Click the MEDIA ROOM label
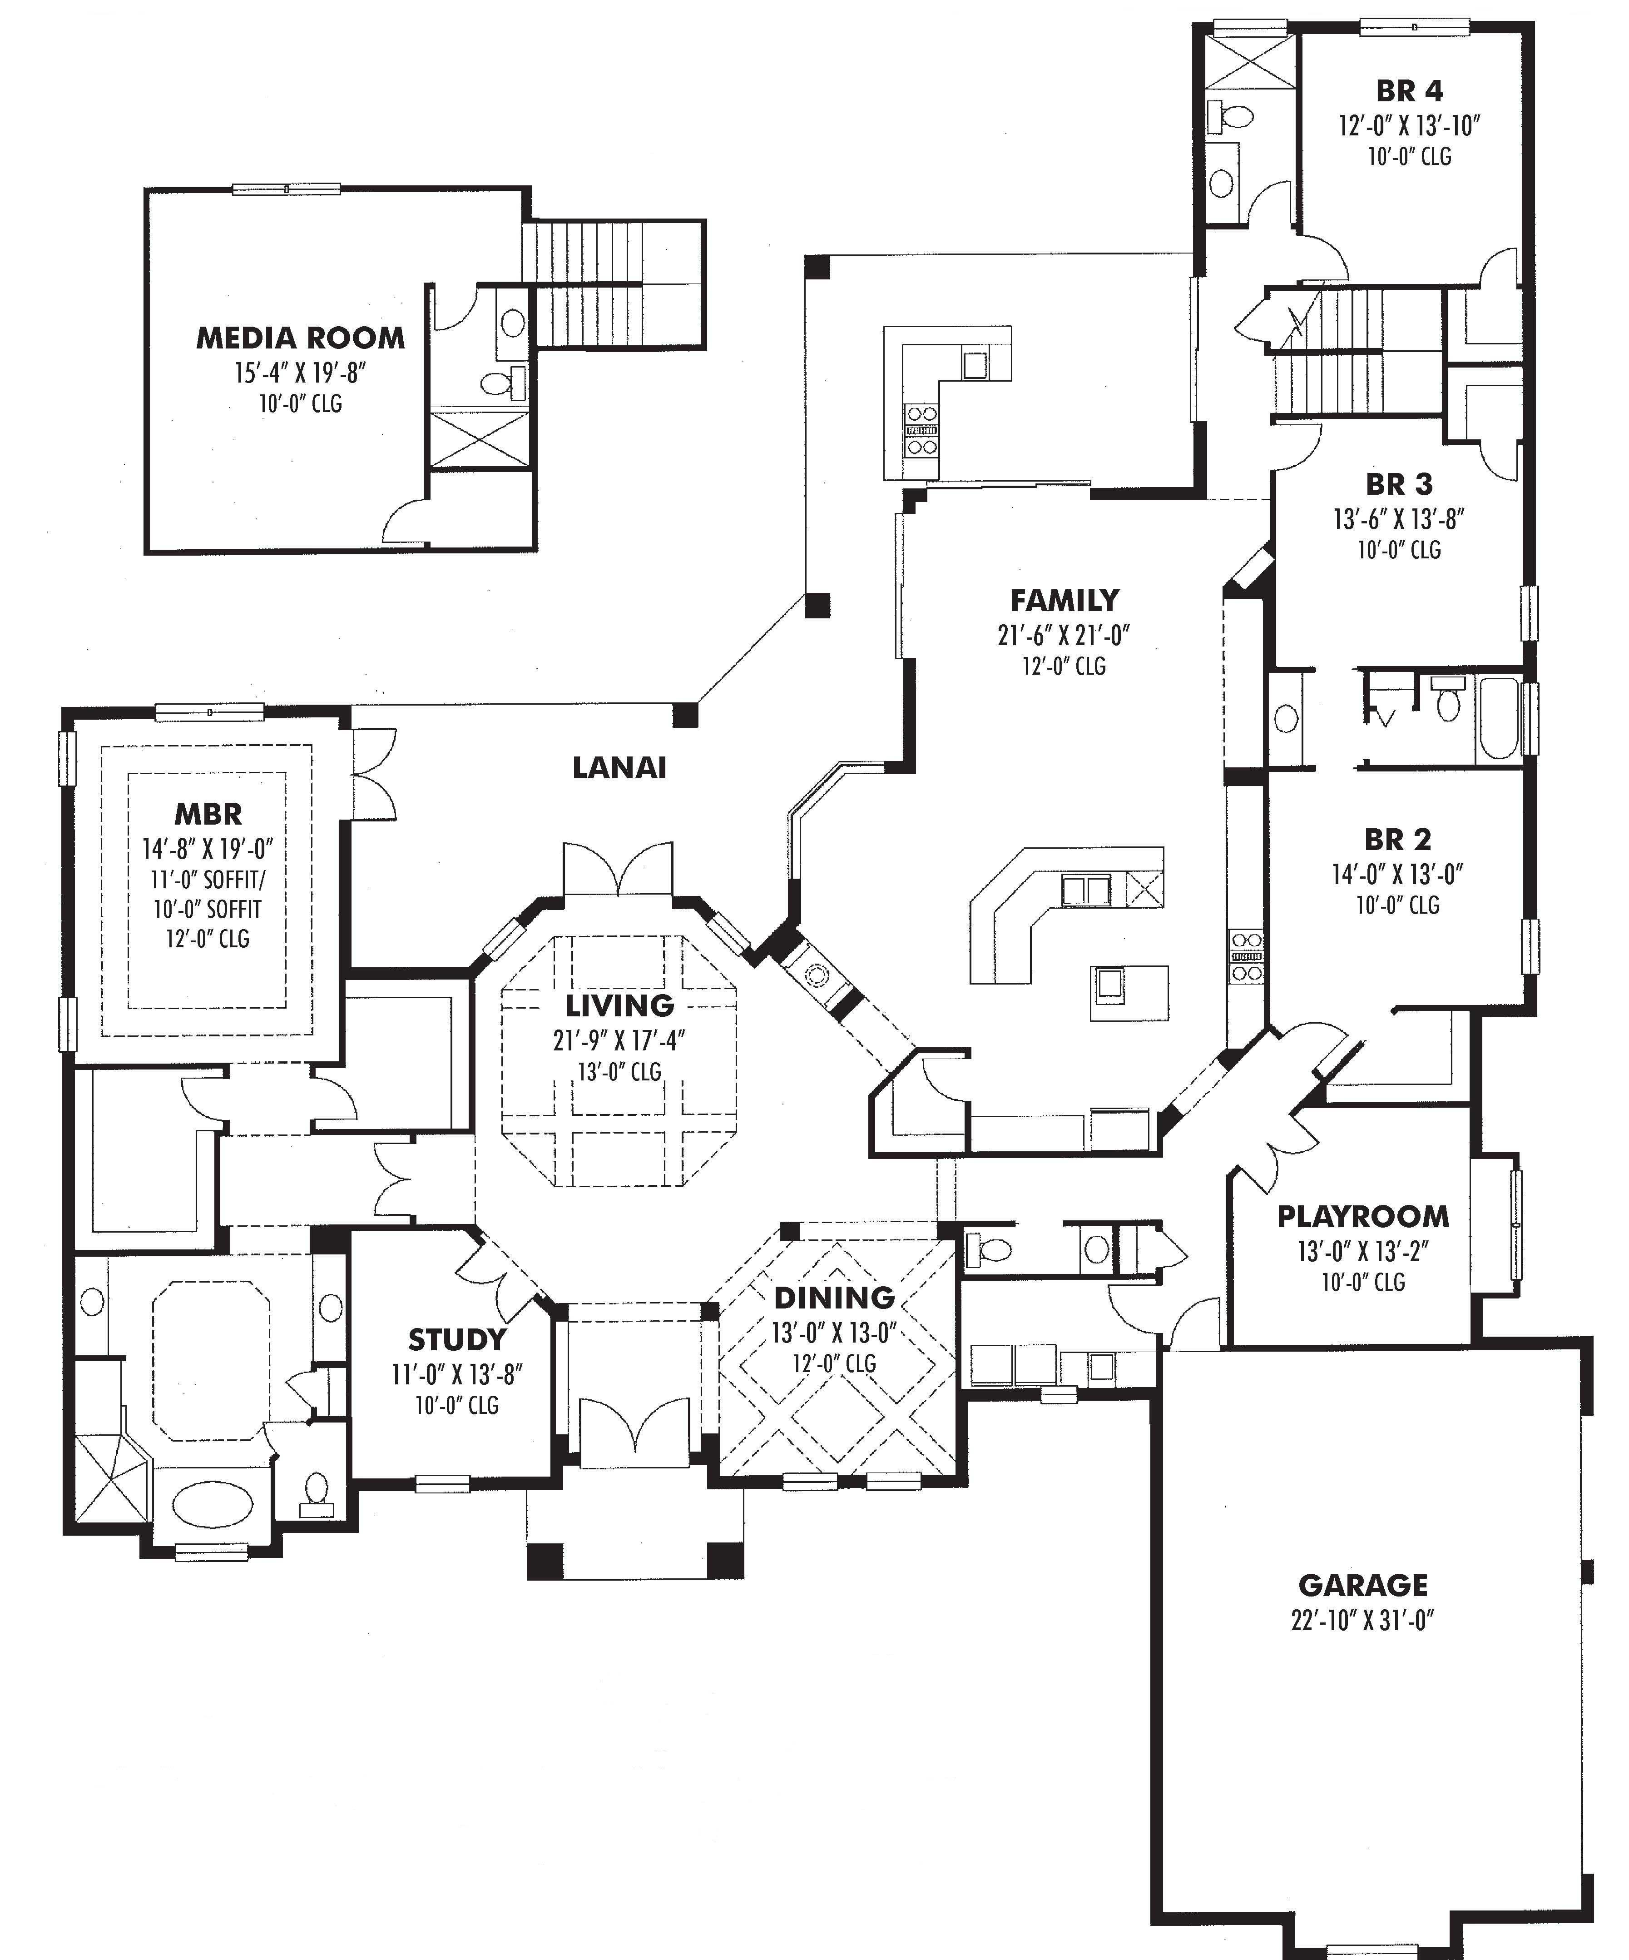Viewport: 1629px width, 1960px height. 301,338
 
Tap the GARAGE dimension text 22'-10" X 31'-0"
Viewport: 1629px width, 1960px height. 1362,1620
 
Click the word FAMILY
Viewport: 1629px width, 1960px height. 1064,600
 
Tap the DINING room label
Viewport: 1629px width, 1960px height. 833,1297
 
